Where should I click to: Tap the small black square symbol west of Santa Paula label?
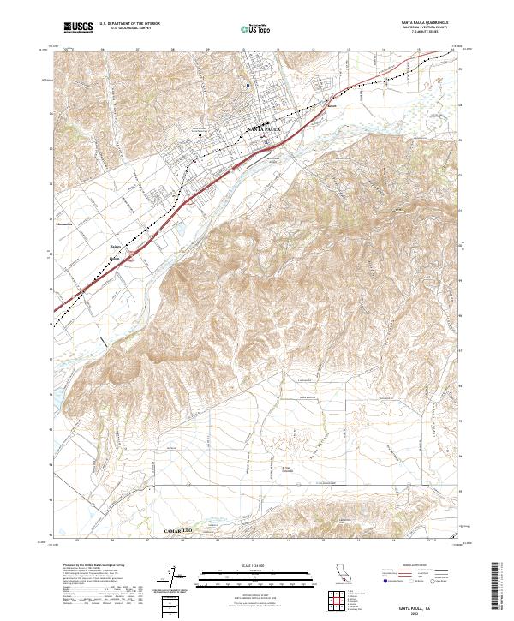coord(200,134)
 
